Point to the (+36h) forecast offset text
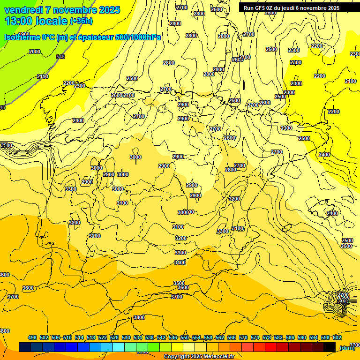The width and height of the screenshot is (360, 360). pyautogui.click(x=81, y=21)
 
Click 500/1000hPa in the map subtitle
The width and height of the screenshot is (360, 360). pyautogui.click(x=139, y=37)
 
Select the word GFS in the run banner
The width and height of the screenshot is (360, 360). pyautogui.click(x=262, y=8)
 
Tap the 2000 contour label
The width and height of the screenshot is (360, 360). pyautogui.click(x=35, y=52)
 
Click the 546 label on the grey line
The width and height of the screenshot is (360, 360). pyautogui.click(x=60, y=57)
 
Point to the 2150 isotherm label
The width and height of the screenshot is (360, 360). pyautogui.click(x=43, y=76)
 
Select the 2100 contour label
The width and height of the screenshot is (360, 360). pyautogui.click(x=351, y=81)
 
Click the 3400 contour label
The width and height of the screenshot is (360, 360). pyautogui.click(x=180, y=262)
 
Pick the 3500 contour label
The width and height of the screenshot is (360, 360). pyautogui.click(x=179, y=283)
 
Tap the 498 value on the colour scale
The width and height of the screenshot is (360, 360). pyautogui.click(x=32, y=337)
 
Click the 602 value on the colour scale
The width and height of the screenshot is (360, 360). pyautogui.click(x=337, y=337)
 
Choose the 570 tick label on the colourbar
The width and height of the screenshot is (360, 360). pyautogui.click(x=243, y=337)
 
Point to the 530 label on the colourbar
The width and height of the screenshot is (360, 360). pyautogui.click(x=126, y=337)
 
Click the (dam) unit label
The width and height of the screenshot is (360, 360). pyautogui.click(x=347, y=348)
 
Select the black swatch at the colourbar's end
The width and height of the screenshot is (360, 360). pyautogui.click(x=330, y=347)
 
